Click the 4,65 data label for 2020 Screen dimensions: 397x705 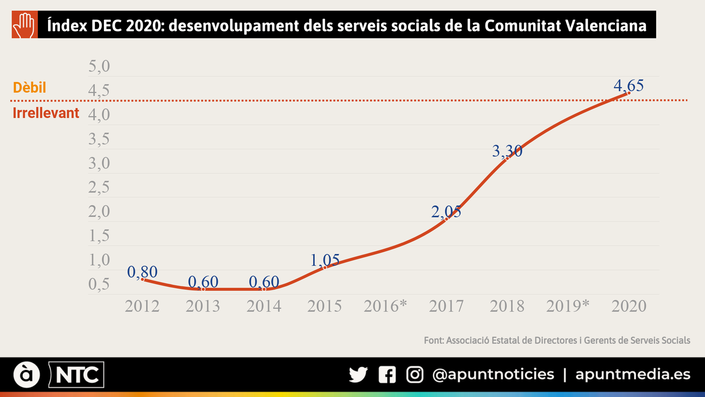pyautogui.click(x=628, y=85)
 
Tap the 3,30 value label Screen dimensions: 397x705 pyautogui.click(x=507, y=151)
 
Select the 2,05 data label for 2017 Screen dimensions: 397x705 pyautogui.click(x=446, y=212)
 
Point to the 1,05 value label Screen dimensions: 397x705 pyautogui.click(x=325, y=260)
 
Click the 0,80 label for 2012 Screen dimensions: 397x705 pyautogui.click(x=142, y=272)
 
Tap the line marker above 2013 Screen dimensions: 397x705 pyautogui.click(x=203, y=289)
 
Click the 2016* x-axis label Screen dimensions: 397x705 pyautogui.click(x=385, y=306)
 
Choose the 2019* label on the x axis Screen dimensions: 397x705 pyautogui.click(x=568, y=306)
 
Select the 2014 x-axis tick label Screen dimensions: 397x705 pyautogui.click(x=263, y=306)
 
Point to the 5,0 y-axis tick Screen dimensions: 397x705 pyautogui.click(x=99, y=66)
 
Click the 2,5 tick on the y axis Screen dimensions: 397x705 pyautogui.click(x=99, y=187)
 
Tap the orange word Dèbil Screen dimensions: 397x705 pyautogui.click(x=30, y=87)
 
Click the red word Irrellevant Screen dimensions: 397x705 pyautogui.click(x=46, y=113)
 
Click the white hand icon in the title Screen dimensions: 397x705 pyautogui.click(x=24, y=25)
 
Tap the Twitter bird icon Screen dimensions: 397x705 pyautogui.click(x=358, y=375)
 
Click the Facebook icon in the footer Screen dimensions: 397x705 pyautogui.click(x=387, y=375)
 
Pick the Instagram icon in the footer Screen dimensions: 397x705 pyautogui.click(x=414, y=375)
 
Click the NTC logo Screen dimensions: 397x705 pyautogui.click(x=77, y=375)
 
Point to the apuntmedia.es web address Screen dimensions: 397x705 pyautogui.click(x=633, y=375)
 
